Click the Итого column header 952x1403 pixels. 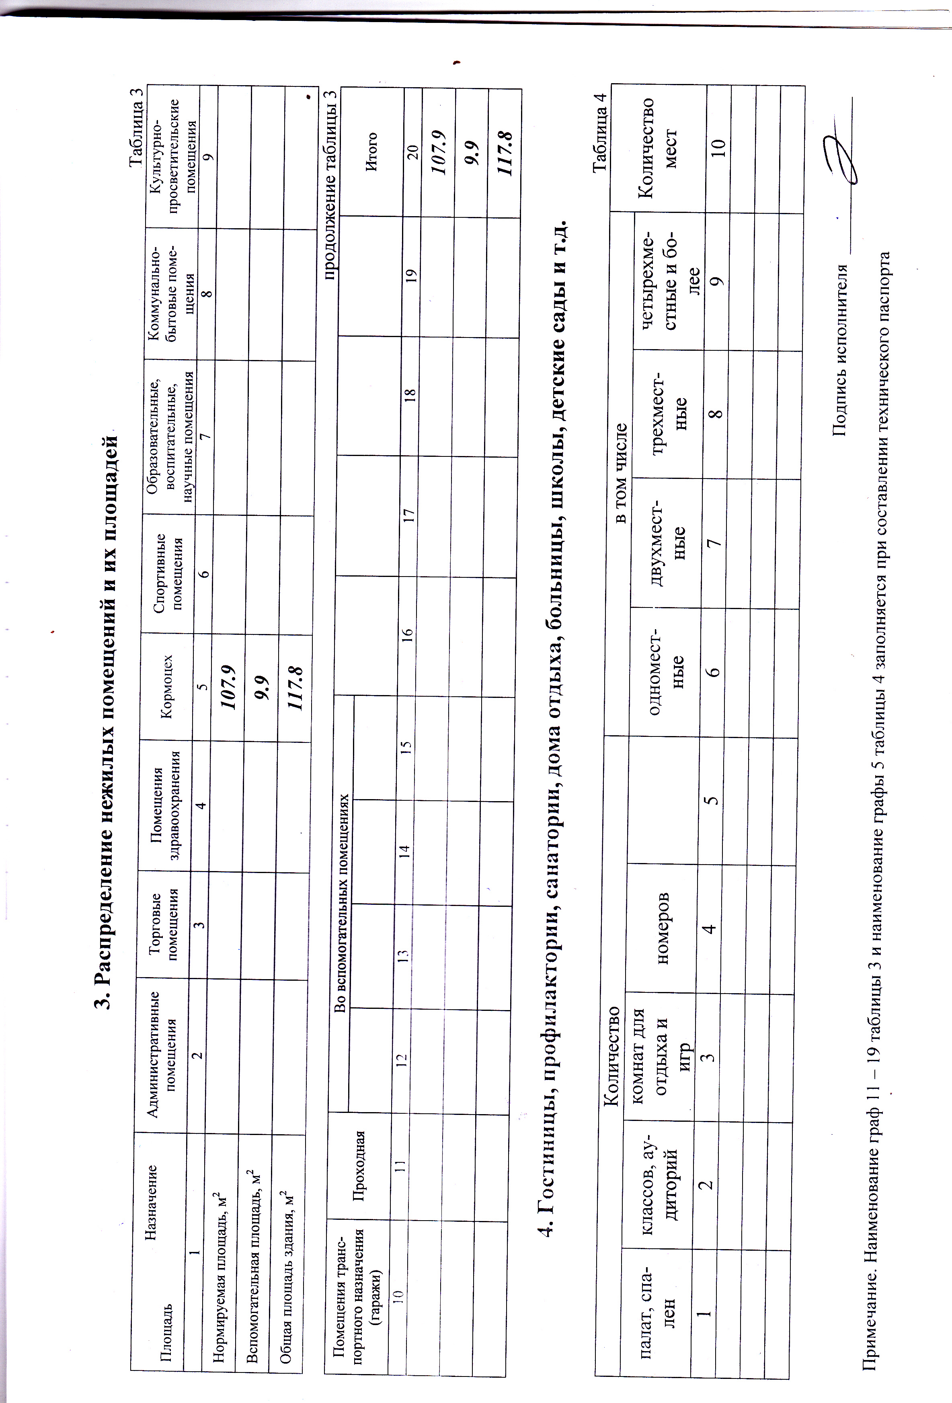tap(372, 151)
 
